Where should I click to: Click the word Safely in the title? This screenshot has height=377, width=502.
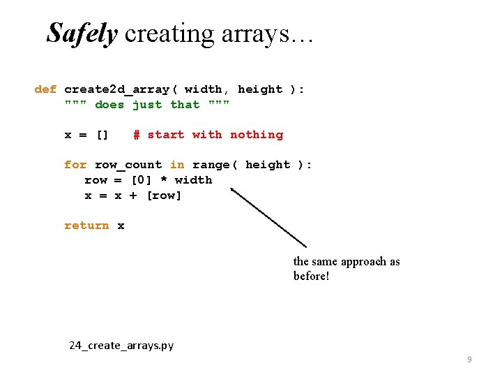coord(82,34)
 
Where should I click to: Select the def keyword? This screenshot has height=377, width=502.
coord(45,89)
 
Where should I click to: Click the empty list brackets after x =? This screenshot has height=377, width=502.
coord(102,135)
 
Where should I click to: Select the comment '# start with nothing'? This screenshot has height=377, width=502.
coord(208,135)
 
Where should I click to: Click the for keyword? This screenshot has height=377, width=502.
coord(75,165)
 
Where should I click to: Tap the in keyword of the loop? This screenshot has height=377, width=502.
coord(177,165)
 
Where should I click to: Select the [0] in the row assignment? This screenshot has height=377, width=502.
coord(143,180)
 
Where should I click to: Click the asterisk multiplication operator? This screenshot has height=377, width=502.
coord(163,180)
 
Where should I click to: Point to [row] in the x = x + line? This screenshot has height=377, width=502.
coord(164,195)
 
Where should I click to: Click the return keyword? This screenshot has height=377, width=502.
coord(86,226)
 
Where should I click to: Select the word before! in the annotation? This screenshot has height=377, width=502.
coord(311,276)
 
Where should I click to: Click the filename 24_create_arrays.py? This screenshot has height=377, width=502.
coord(121,345)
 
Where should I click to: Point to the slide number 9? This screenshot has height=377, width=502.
coord(469,360)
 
